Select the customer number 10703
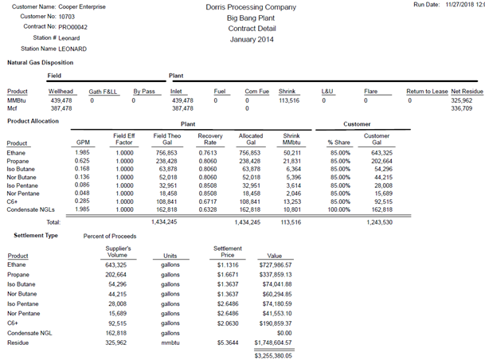click(67, 16)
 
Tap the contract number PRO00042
click(72, 26)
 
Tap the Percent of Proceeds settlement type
click(111, 236)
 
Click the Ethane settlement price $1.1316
click(227, 264)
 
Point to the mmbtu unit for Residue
click(170, 342)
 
